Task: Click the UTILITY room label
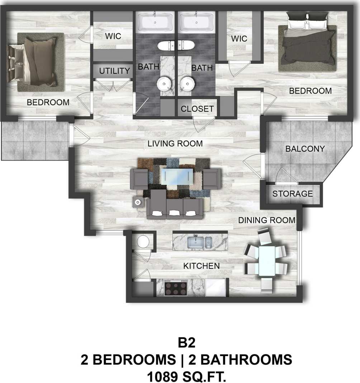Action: pyautogui.click(x=114, y=71)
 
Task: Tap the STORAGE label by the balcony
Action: pyautogui.click(x=293, y=194)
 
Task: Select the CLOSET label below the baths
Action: pyautogui.click(x=197, y=109)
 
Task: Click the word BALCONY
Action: pyautogui.click(x=305, y=148)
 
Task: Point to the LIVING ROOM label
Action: pyautogui.click(x=175, y=143)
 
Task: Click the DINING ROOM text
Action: pyautogui.click(x=267, y=220)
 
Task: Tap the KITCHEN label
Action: pyautogui.click(x=201, y=266)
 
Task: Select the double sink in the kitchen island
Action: pyautogui.click(x=200, y=242)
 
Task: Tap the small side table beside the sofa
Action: pyautogui.click(x=138, y=202)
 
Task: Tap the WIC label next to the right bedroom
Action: pyautogui.click(x=239, y=38)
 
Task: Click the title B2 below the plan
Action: pyautogui.click(x=187, y=343)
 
